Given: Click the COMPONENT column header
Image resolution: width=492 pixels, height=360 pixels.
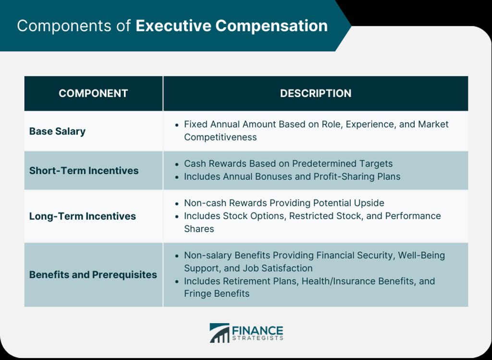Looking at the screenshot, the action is (x=93, y=93).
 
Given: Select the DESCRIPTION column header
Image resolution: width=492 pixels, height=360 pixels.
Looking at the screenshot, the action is (x=316, y=93).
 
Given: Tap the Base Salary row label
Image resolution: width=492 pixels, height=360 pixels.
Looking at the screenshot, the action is (x=58, y=131).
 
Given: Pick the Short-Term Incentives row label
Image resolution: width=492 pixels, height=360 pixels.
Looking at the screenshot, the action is (x=84, y=171).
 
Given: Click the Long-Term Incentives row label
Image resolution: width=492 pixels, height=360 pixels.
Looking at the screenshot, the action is (x=83, y=216).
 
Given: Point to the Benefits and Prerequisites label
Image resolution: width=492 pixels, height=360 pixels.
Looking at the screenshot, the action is (x=93, y=274).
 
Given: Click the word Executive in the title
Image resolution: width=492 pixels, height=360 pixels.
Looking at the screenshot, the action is (x=173, y=26).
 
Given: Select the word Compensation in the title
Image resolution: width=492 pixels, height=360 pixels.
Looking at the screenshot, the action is (x=271, y=26).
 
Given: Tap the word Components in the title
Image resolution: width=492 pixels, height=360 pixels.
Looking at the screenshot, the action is (x=64, y=26).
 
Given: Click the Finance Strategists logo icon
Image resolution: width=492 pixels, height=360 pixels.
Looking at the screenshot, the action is (x=219, y=333).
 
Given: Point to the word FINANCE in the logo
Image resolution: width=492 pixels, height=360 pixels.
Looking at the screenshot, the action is (x=258, y=331).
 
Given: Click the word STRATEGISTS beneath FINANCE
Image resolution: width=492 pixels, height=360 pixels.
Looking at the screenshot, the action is (x=258, y=338).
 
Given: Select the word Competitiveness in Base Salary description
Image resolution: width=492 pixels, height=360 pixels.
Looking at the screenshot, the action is (x=220, y=137).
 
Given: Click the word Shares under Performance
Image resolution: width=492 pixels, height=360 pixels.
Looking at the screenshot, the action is (x=199, y=229).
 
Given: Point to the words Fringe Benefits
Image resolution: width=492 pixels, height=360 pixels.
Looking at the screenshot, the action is (x=217, y=294).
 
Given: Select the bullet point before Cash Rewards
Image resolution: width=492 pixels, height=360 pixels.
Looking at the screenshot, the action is (x=177, y=164).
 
